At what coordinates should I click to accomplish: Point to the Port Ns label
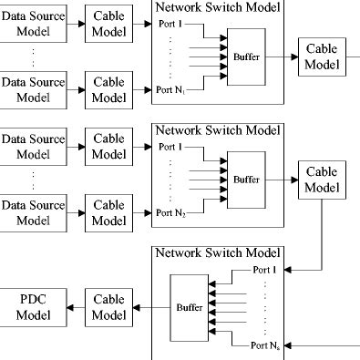point(265,345)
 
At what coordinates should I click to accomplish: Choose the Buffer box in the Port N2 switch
point(244,180)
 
